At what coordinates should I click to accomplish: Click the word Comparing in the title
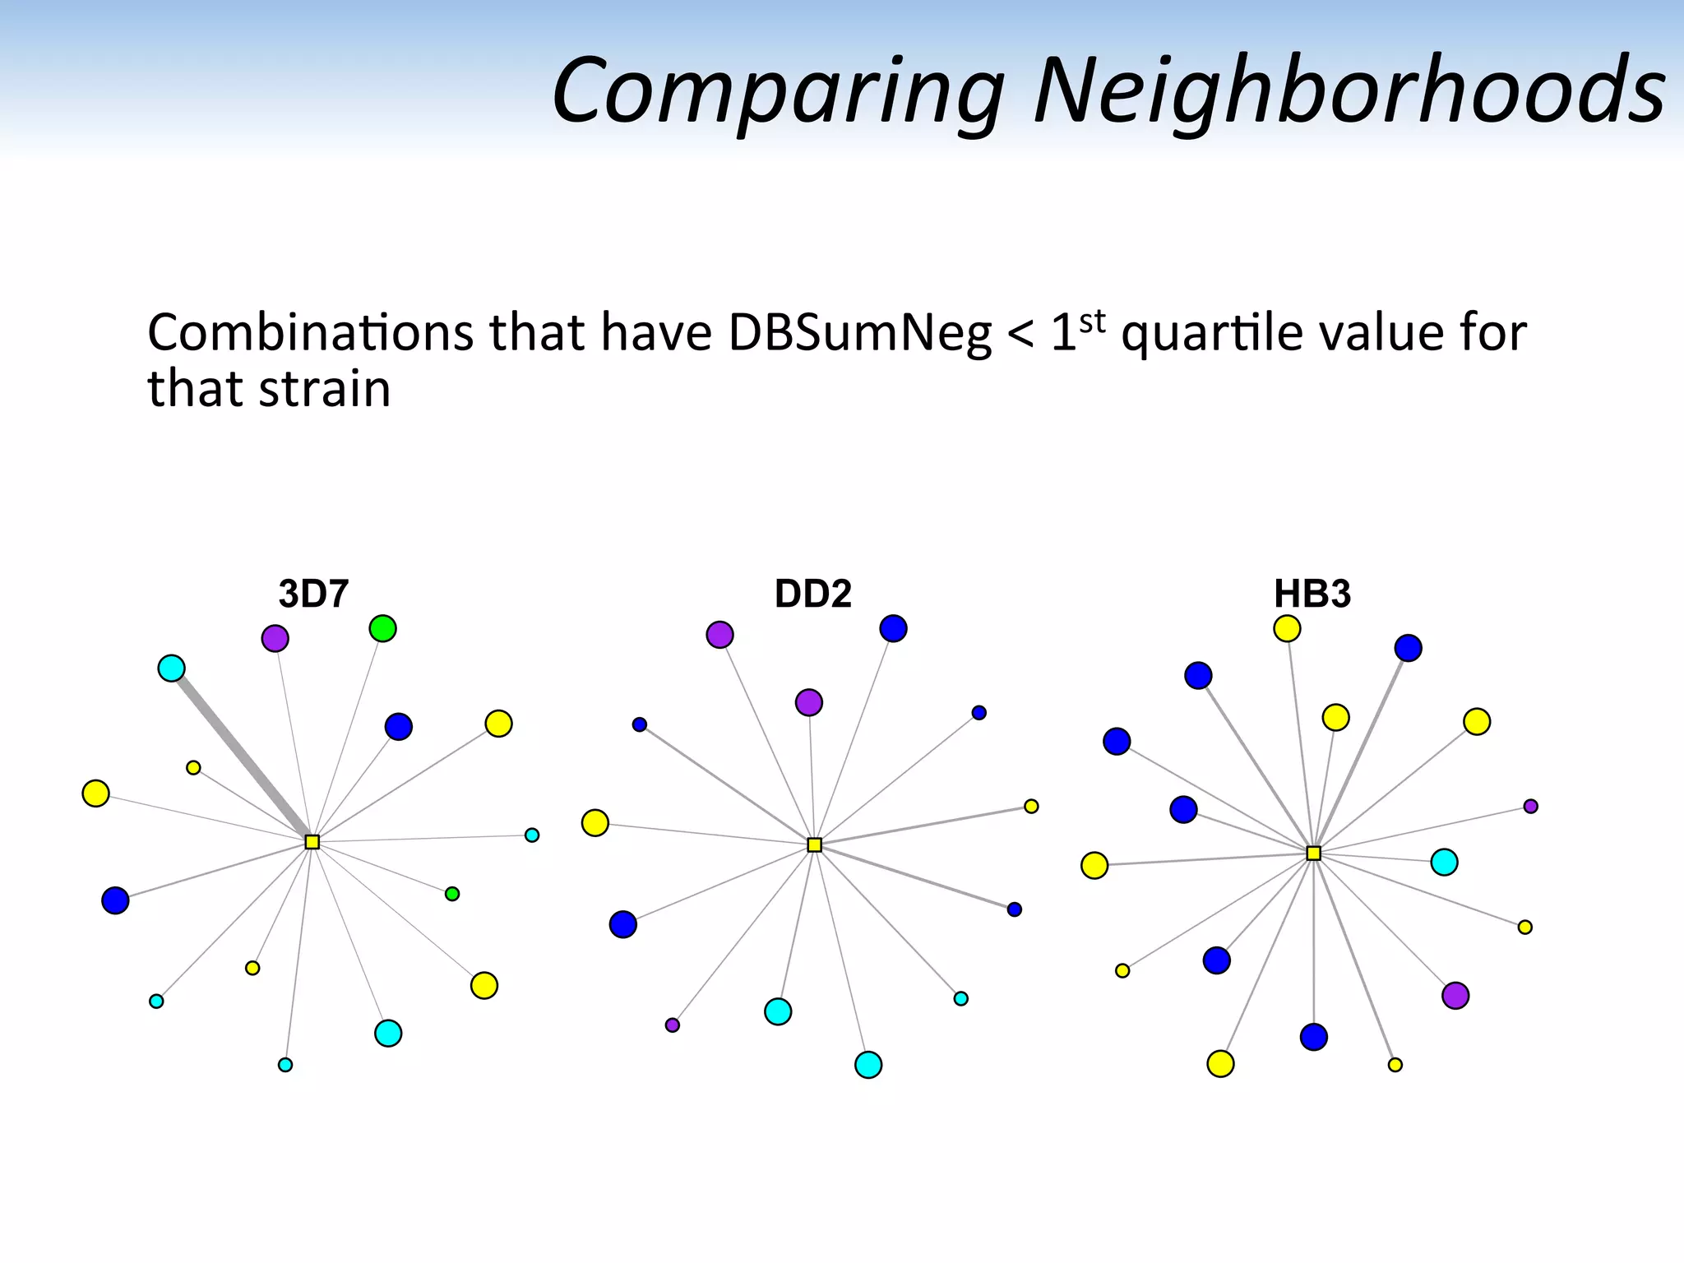pyautogui.click(x=777, y=90)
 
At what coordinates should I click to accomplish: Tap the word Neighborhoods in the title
pyautogui.click(x=1349, y=90)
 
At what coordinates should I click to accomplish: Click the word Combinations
pyautogui.click(x=311, y=334)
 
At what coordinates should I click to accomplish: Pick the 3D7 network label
pyautogui.click(x=313, y=594)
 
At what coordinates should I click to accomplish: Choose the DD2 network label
pyautogui.click(x=812, y=594)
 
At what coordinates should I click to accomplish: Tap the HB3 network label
pyautogui.click(x=1312, y=594)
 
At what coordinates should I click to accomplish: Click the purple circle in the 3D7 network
pyautogui.click(x=275, y=638)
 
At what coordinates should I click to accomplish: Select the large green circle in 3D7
pyautogui.click(x=382, y=629)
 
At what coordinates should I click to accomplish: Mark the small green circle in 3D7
pyautogui.click(x=452, y=894)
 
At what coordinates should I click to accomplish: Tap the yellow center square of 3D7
pyautogui.click(x=312, y=842)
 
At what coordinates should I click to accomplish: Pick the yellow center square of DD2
pyautogui.click(x=814, y=844)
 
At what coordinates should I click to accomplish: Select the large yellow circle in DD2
pyautogui.click(x=594, y=822)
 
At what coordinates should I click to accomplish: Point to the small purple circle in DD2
pyautogui.click(x=673, y=1025)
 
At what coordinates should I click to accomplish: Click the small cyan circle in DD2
pyautogui.click(x=961, y=999)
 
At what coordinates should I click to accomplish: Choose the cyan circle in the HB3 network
pyautogui.click(x=1444, y=862)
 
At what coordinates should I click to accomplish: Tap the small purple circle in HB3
pyautogui.click(x=1530, y=807)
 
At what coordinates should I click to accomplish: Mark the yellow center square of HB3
pyautogui.click(x=1314, y=854)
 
